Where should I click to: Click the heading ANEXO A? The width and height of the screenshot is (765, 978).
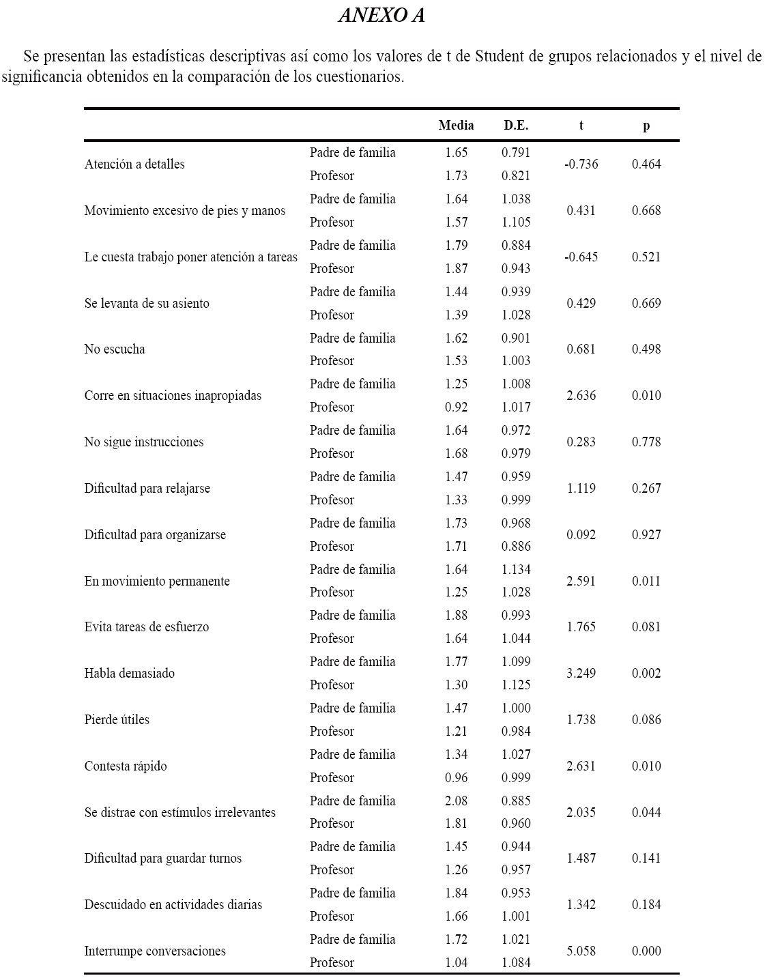pos(381,16)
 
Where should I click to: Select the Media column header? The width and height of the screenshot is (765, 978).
pos(456,126)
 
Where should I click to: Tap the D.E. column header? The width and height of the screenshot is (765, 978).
pos(516,126)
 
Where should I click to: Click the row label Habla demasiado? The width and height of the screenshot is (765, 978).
pos(130,674)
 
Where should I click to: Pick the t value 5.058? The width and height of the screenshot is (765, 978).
pos(581,951)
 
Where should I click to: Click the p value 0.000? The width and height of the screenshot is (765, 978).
pos(646,951)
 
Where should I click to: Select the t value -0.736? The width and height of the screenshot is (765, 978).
pos(581,164)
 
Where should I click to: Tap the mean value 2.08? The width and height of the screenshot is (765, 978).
pos(456,801)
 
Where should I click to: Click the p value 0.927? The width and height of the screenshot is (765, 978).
pos(646,535)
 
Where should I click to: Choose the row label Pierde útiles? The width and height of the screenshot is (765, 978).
pos(117,720)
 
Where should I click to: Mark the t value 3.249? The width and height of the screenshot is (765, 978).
pos(581,674)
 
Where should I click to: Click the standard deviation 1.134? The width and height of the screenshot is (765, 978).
pos(516,570)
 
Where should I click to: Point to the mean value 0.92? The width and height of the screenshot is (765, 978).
pos(456,407)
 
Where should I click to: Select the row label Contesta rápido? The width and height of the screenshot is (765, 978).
pos(126,766)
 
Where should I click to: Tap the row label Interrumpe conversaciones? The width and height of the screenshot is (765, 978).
pos(155,951)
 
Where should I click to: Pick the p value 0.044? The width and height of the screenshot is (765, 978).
pos(646,813)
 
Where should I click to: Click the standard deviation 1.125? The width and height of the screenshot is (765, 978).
pos(516,685)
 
